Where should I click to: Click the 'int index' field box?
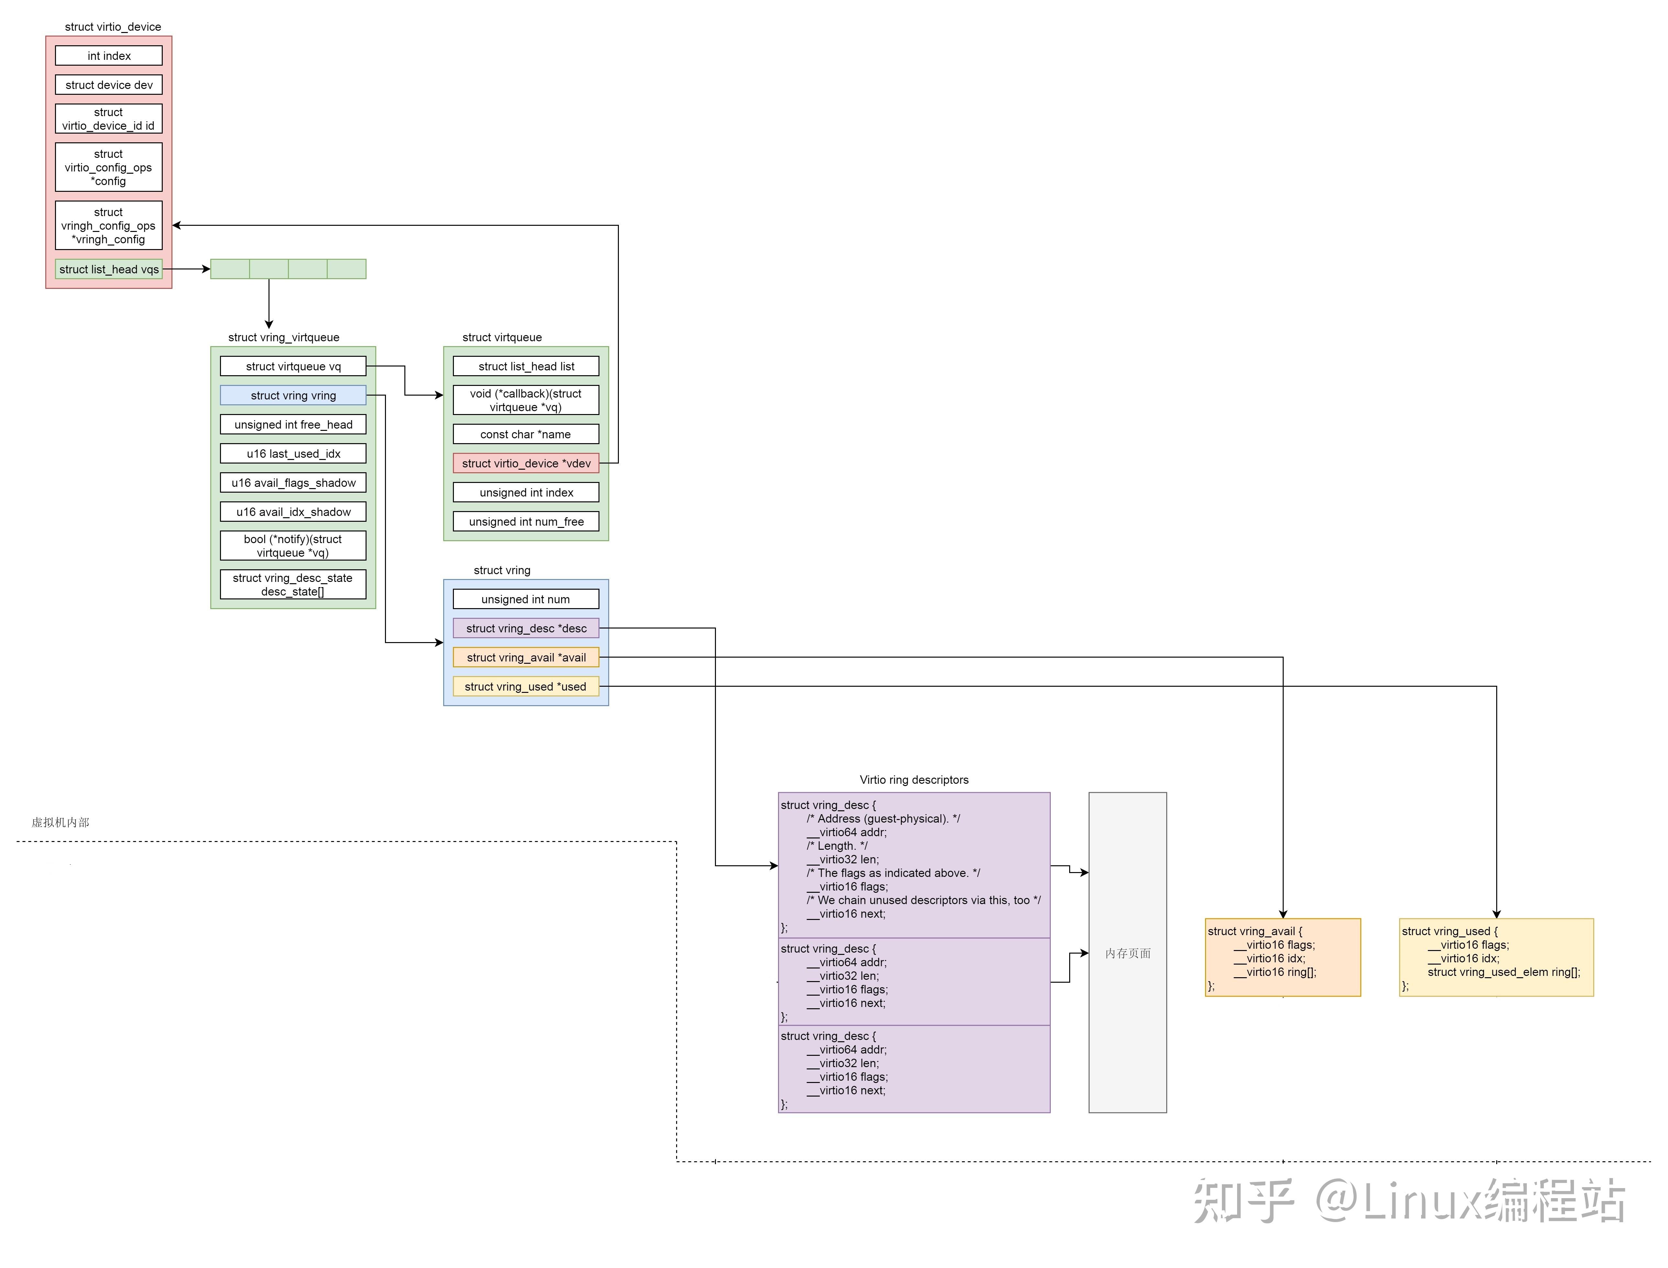[x=109, y=56]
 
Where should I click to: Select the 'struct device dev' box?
[x=109, y=84]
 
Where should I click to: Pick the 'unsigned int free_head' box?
[x=293, y=424]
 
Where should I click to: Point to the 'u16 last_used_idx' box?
[x=293, y=454]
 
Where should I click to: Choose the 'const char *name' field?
[x=526, y=434]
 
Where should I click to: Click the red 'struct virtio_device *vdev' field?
[x=526, y=464]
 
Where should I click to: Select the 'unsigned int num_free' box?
[x=526, y=521]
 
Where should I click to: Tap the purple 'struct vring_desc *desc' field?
[x=526, y=628]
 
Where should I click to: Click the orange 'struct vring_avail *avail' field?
[x=526, y=657]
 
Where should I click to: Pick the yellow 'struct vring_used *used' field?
[x=526, y=686]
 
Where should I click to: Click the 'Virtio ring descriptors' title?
[x=914, y=780]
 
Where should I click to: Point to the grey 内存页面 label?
[x=1128, y=953]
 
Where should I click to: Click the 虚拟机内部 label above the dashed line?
[x=60, y=822]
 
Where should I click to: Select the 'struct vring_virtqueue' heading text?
[x=284, y=337]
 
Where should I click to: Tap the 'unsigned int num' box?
[x=526, y=599]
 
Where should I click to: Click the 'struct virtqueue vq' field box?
[x=293, y=366]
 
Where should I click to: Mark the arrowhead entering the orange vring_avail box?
[x=1283, y=914]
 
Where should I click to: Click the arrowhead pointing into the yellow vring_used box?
[x=1497, y=914]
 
